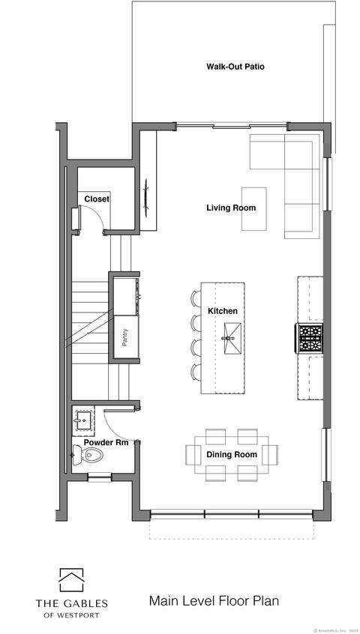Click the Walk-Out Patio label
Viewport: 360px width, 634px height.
tap(235, 67)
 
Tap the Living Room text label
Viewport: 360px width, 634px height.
tap(231, 208)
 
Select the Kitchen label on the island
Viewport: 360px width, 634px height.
tap(223, 311)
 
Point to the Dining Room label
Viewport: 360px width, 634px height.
tap(232, 454)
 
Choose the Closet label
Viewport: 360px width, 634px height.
tap(96, 199)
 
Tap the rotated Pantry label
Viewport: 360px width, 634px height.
tap(124, 336)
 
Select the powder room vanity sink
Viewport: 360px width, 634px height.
tap(82, 420)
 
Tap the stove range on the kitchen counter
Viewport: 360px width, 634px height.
tap(310, 338)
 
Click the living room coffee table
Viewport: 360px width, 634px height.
tap(253, 208)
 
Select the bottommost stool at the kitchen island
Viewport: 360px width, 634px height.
tap(196, 371)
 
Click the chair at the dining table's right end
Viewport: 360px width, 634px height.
tap(270, 454)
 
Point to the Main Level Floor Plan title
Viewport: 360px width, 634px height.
tap(214, 600)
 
